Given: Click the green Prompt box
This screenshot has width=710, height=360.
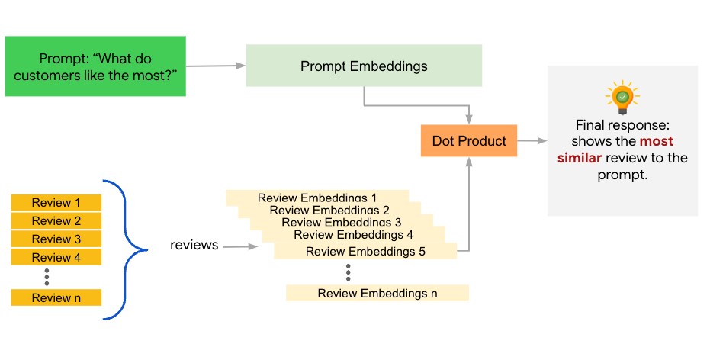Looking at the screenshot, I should pos(95,66).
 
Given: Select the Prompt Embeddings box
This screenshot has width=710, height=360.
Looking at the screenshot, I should pos(364,66).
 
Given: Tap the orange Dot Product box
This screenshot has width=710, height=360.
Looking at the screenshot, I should pos(469,141).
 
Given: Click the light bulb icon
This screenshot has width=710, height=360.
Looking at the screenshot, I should pos(622,98).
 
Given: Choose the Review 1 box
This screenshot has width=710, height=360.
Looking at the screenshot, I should pos(56,203).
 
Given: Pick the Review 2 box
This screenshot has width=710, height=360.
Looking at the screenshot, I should pos(56,221).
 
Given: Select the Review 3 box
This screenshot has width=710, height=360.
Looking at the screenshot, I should pos(56,239).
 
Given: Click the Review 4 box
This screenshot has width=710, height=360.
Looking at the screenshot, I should pos(56,258).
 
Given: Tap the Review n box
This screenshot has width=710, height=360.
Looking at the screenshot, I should pos(56,297).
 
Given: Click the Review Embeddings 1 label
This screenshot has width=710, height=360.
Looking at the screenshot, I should pos(317,198).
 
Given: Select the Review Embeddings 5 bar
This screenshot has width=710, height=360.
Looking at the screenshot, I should pos(365,251).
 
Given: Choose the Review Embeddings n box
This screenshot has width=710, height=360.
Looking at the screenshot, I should pos(377,293).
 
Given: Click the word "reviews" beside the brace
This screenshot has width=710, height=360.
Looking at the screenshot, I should pos(194,246).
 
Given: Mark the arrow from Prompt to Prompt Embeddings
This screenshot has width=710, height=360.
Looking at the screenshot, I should pos(216,66).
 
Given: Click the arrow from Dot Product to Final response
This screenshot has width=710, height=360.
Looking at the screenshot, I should pos(532,141).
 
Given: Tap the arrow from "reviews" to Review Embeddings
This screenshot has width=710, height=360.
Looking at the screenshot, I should pos(242,247).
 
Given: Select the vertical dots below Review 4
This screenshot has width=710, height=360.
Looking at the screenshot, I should pos(47,275).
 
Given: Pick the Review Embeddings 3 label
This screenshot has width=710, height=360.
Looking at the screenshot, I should pos(342,222).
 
